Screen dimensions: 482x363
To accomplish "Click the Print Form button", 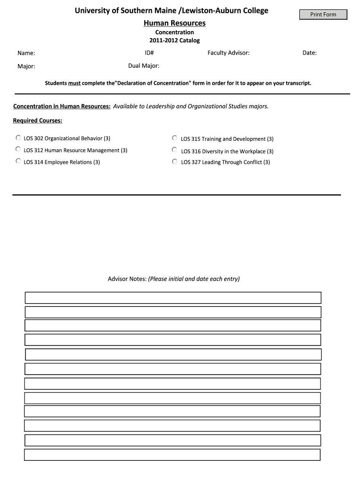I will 323,15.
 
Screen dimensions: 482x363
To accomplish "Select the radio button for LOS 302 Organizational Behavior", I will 18,138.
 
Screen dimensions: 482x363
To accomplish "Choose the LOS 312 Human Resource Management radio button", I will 18,149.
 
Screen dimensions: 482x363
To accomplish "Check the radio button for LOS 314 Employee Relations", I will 18,161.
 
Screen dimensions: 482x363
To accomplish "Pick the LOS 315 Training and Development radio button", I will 174,138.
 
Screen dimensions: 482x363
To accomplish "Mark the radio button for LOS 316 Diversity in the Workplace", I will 174,150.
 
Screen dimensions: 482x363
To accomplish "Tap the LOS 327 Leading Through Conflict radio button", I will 174,161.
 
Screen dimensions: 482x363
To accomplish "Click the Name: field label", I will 26,53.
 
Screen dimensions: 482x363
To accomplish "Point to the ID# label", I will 149,53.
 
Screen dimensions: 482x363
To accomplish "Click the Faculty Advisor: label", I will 228,53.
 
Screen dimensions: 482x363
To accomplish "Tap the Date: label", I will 309,53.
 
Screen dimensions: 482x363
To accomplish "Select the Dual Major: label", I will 144,66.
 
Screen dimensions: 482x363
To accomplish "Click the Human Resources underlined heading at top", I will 174,23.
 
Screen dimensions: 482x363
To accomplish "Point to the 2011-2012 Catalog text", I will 174,40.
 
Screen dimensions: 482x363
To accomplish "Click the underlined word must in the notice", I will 74,83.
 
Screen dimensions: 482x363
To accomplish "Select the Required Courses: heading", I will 38,121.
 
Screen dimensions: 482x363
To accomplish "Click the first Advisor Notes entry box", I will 173,298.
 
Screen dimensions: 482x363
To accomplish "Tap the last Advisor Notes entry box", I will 172,455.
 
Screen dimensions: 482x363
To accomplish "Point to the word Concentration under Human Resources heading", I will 174,32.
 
